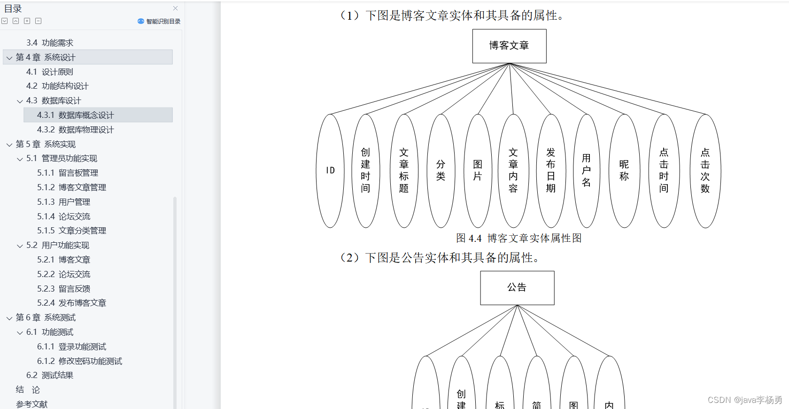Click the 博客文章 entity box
click(x=509, y=46)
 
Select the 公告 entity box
click(x=517, y=287)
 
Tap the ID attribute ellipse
click(x=330, y=170)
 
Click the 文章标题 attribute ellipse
click(x=404, y=170)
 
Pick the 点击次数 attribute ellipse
click(x=705, y=170)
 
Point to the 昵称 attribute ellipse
click(x=624, y=170)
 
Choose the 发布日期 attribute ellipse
click(x=551, y=170)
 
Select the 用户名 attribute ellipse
click(x=587, y=170)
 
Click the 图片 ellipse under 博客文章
click(x=478, y=170)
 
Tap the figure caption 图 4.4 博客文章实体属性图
click(x=519, y=239)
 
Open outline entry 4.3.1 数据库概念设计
click(x=75, y=115)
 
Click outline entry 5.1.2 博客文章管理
click(x=71, y=187)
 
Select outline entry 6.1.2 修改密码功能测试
click(x=79, y=361)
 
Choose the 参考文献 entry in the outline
click(x=32, y=404)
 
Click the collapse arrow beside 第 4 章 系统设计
click(x=9, y=58)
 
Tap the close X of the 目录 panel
click(x=175, y=8)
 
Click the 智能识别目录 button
click(x=159, y=21)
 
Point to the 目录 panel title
click(x=13, y=9)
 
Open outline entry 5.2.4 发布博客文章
click(x=71, y=303)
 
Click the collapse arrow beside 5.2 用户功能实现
click(x=20, y=246)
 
